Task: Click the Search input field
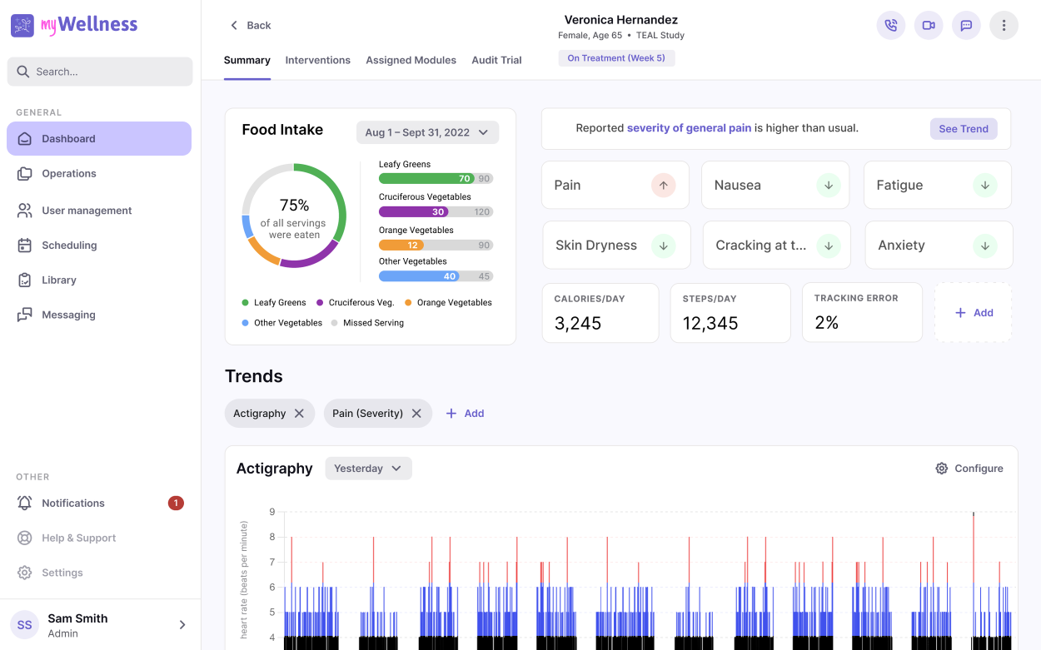point(99,72)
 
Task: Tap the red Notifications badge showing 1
point(176,503)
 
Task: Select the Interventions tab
point(318,60)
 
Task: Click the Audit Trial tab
point(496,60)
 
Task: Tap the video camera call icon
point(929,25)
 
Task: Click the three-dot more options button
point(1004,25)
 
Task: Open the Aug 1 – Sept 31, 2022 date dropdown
point(427,132)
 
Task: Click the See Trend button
point(964,129)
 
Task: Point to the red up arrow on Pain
point(663,186)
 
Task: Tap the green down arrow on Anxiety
point(984,246)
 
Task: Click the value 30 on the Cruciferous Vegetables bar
point(438,211)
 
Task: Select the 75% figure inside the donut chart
point(294,205)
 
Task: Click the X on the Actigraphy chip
point(299,413)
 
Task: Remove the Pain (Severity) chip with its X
point(416,413)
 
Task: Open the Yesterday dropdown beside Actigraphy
point(368,468)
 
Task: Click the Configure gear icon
point(942,468)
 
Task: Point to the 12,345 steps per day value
point(710,323)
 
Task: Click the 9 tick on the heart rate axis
point(272,512)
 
